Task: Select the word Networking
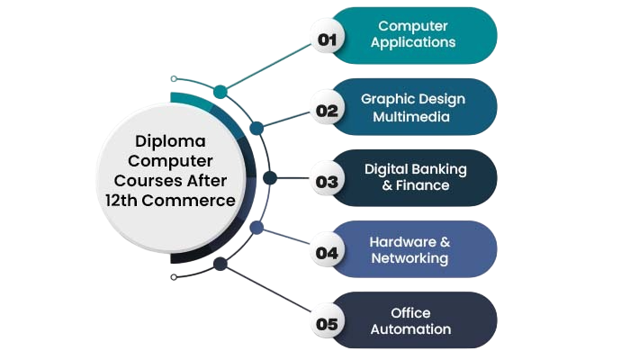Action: pos(409,258)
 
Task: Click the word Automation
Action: pos(410,329)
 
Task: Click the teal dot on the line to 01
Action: pos(220,92)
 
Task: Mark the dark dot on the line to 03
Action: pos(268,177)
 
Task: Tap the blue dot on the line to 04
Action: pos(256,229)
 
